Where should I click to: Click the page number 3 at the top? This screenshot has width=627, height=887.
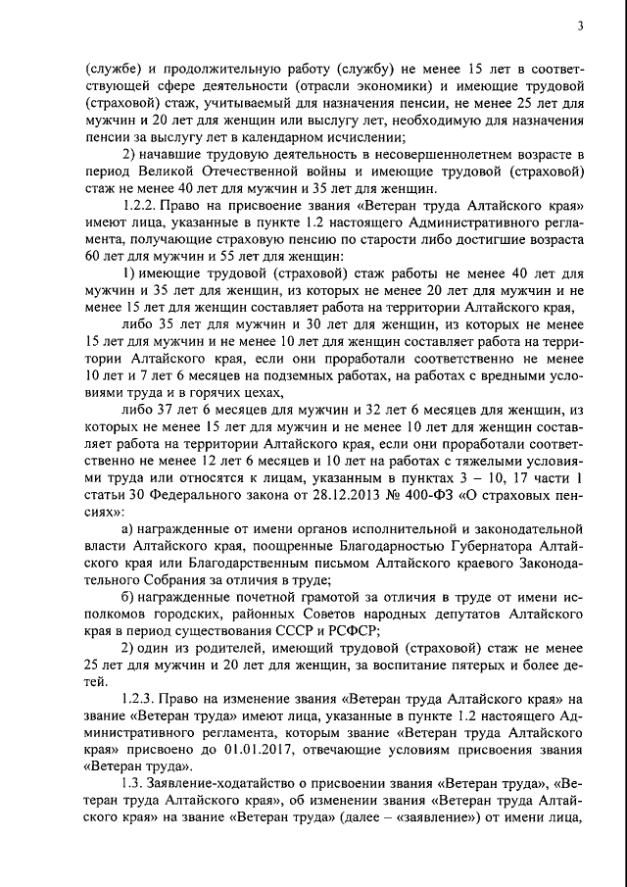[581, 26]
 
